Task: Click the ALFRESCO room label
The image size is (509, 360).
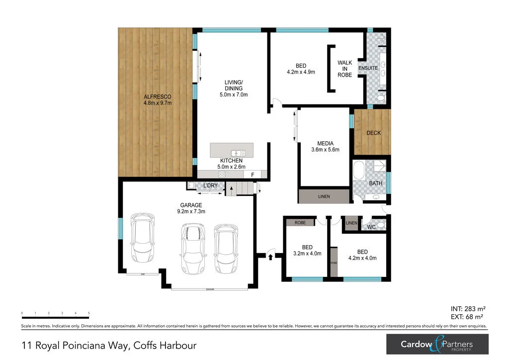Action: [158, 96]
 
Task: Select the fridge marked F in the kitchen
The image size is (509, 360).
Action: [253, 175]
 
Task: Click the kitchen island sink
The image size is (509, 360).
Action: [238, 152]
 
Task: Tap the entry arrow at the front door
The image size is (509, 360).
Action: [270, 257]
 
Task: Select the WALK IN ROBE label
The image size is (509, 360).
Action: [344, 69]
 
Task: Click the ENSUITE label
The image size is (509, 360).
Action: [368, 68]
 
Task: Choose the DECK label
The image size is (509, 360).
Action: [373, 133]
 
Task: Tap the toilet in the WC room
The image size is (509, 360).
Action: [381, 226]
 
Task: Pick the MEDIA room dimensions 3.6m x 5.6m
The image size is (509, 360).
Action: [325, 150]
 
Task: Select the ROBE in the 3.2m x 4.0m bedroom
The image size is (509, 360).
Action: [300, 223]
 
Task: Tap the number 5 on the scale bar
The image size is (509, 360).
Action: [88, 313]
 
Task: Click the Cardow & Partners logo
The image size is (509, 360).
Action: [437, 344]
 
